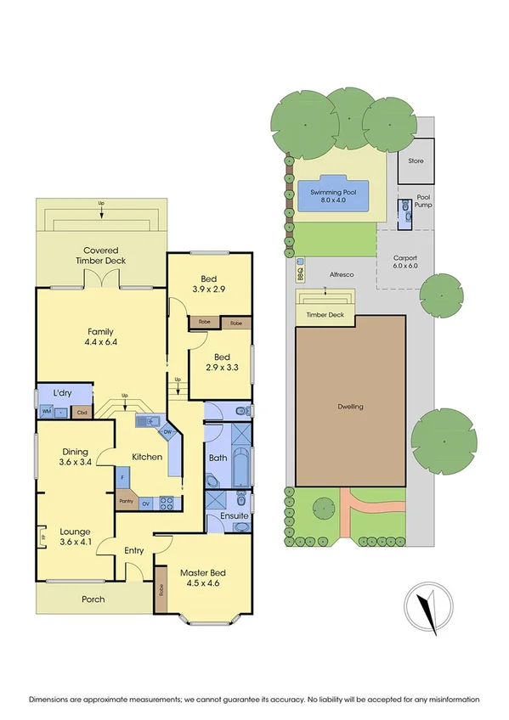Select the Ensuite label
234,515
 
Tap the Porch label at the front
93,599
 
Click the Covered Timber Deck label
105,256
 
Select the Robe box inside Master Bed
161,590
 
